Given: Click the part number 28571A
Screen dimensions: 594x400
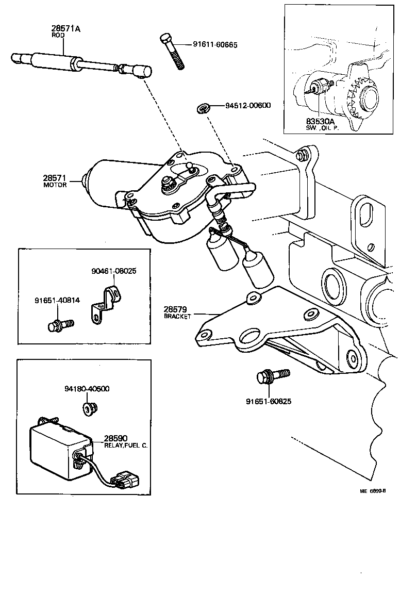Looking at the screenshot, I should [65, 29].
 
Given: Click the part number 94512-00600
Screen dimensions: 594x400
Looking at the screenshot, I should [247, 106].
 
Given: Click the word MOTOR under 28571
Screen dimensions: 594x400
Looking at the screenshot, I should [55, 185].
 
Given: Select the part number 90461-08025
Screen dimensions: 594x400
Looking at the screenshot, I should [114, 270].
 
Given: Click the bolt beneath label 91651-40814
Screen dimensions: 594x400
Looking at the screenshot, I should [60, 325].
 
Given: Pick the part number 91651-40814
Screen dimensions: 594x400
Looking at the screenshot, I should [57, 301].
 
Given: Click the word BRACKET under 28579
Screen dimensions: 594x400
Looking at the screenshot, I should [177, 316].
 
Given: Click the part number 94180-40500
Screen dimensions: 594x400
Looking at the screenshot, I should [87, 389].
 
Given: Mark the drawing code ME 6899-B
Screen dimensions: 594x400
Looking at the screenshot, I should [372, 491].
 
